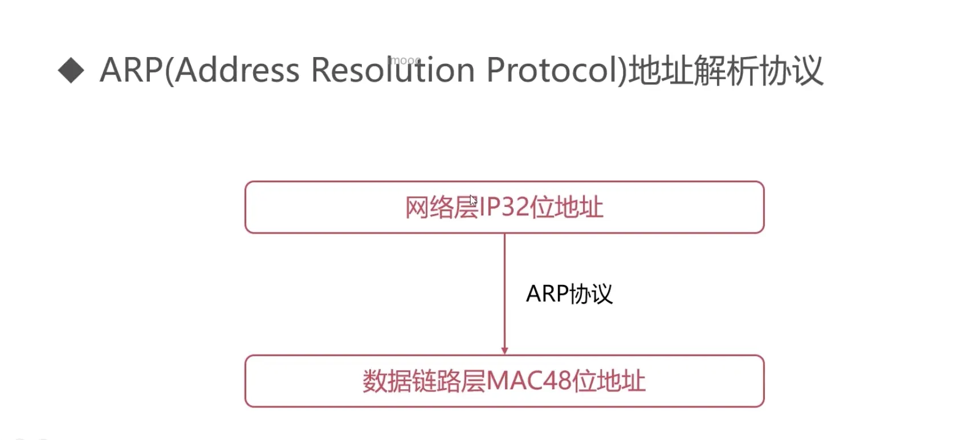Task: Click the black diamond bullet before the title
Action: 71,71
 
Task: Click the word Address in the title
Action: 237,71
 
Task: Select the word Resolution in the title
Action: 393,71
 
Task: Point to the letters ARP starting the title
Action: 131,71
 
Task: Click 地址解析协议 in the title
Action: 726,71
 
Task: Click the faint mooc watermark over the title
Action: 405,60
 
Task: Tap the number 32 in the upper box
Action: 515,207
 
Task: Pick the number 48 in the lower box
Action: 557,381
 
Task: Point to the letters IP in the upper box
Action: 490,207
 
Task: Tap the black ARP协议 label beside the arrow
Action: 569,294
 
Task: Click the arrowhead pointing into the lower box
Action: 504,351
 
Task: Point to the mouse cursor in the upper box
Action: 473,200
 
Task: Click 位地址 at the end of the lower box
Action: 609,381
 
